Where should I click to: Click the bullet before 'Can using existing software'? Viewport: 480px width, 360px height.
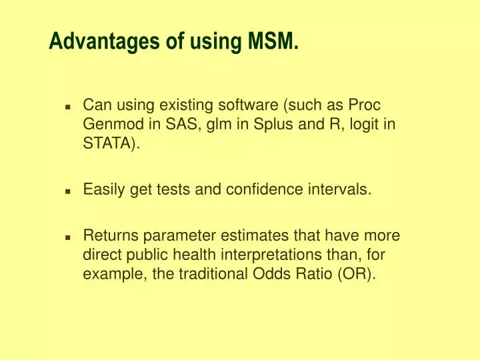(x=68, y=107)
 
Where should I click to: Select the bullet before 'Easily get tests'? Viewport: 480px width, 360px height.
(x=68, y=191)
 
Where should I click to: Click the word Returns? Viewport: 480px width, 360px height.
(x=107, y=235)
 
